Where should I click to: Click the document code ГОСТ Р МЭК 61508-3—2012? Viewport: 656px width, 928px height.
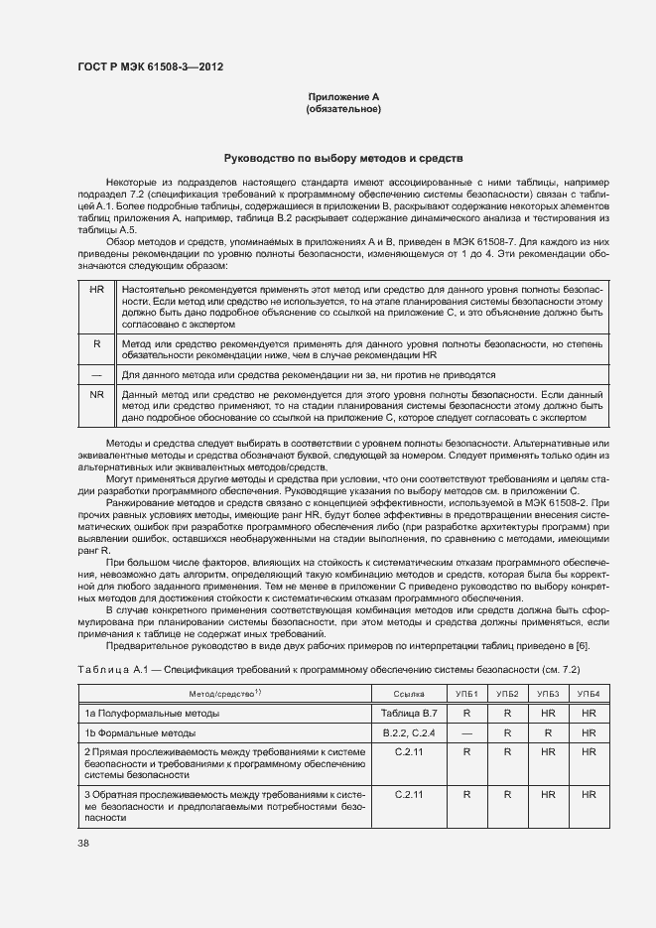pyautogui.click(x=150, y=67)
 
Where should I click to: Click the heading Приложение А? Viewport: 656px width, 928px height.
pyautogui.click(x=343, y=96)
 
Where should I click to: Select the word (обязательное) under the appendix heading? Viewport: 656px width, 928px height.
pyautogui.click(x=343, y=109)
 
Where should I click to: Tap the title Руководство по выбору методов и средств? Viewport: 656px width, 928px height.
pyautogui.click(x=343, y=159)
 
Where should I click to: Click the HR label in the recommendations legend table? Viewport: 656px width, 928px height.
pyautogui.click(x=96, y=288)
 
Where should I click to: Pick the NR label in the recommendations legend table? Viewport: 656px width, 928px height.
pyautogui.click(x=96, y=394)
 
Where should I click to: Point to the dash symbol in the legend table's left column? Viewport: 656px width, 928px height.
pyautogui.click(x=96, y=375)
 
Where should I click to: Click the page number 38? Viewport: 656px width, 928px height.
pyautogui.click(x=82, y=844)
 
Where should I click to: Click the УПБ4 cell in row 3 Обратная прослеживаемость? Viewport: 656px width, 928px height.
pyautogui.click(x=589, y=795)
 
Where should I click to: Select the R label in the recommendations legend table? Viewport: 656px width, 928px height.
pyautogui.click(x=96, y=343)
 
